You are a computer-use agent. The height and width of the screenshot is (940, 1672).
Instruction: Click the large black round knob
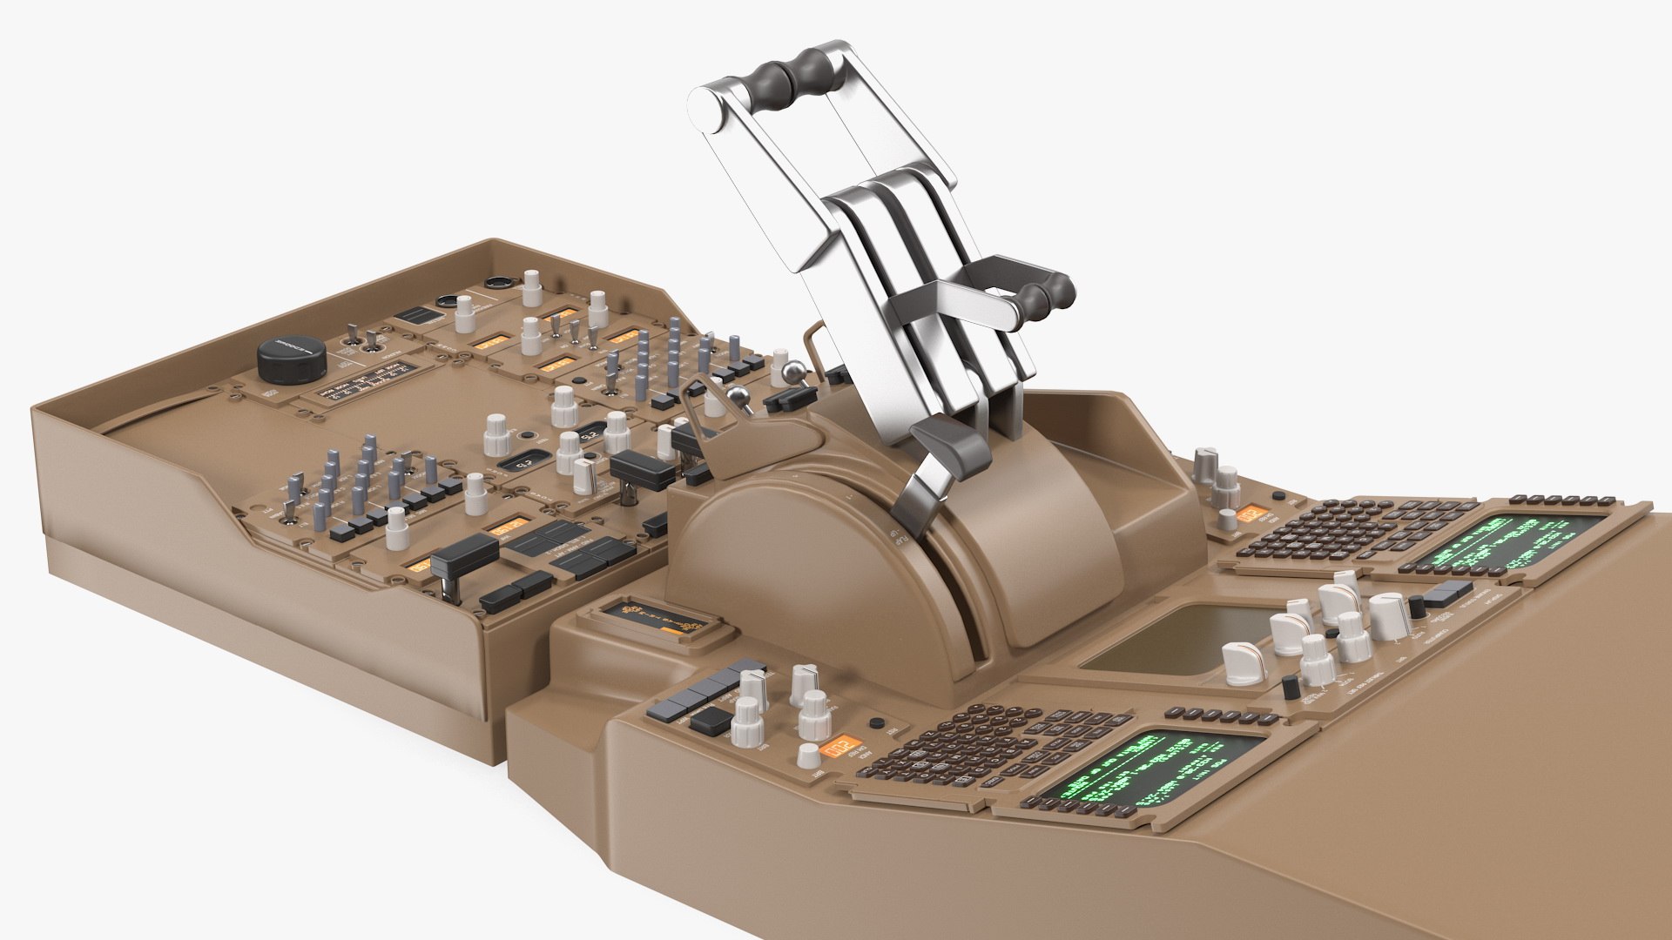pos(291,359)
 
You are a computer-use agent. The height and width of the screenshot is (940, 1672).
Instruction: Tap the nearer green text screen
pos(1150,766)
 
